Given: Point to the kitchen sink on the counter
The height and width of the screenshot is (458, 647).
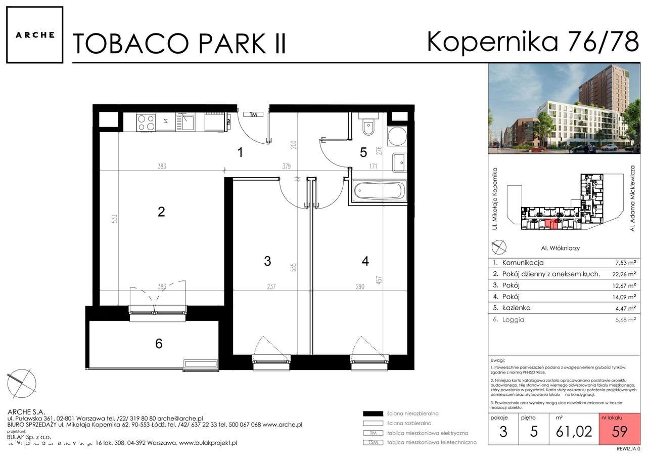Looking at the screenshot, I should coord(187,121).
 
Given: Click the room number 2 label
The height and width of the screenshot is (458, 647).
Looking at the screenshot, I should coord(161,212).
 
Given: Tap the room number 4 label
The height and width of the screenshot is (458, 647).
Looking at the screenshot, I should coord(365,261).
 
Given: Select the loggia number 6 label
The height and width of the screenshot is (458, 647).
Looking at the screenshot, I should coord(159,344).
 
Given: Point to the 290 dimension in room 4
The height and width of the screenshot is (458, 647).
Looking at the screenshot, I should coord(359,287).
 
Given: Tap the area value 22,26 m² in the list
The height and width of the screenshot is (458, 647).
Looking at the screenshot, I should coord(623,274).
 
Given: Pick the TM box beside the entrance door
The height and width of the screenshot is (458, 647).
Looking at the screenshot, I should coord(254,115).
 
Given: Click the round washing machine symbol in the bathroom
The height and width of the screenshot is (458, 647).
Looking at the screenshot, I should coord(397,136).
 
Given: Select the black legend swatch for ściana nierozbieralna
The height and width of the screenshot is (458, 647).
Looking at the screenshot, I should coord(373,413).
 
